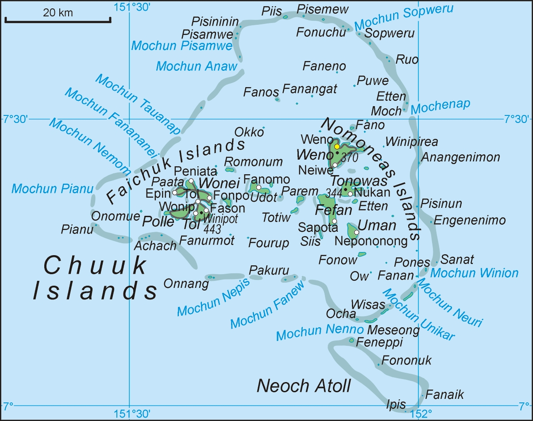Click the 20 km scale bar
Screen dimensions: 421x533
[58, 19]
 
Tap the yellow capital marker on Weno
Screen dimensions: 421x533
[337, 146]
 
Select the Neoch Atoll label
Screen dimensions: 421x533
[304, 386]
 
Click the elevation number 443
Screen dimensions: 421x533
[212, 229]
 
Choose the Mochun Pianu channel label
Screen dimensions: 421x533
[52, 189]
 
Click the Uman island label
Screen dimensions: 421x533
[377, 226]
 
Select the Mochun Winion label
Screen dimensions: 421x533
[474, 272]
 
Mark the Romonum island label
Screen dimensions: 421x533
[253, 162]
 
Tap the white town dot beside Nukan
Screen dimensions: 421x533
[350, 194]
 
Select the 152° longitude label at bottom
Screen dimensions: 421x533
[421, 414]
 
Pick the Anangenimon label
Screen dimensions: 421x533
[460, 157]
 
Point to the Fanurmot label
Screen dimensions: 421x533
[207, 241]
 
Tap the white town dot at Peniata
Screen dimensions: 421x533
[191, 181]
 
